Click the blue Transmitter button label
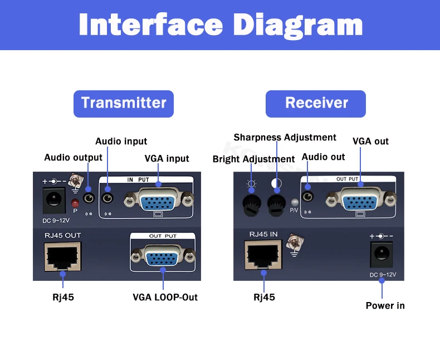124,103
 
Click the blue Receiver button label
316,103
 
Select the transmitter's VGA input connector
159,201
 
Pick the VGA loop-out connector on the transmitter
163,257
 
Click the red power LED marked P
75,202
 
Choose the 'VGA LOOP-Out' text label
165,297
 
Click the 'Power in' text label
385,305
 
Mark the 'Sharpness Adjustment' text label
285,138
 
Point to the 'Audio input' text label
121,142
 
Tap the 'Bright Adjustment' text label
253,159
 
